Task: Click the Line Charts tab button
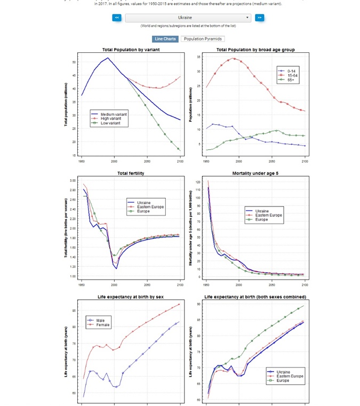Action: (165, 39)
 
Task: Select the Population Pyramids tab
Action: (203, 39)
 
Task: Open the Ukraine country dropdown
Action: (188, 18)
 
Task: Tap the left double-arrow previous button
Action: (117, 18)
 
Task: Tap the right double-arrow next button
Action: (259, 18)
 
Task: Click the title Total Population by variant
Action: (131, 50)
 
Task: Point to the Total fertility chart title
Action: (131, 173)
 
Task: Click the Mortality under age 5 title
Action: (255, 173)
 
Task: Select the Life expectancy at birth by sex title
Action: (131, 297)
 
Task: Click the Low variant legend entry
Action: (110, 123)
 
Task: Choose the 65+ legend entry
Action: (290, 79)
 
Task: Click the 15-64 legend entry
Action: (292, 75)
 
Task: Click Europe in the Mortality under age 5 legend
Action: (261, 219)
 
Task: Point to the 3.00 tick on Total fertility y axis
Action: (73, 181)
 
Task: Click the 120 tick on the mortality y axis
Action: (198, 182)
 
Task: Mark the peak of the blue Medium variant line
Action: (108, 58)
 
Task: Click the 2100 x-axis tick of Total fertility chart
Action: (180, 285)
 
